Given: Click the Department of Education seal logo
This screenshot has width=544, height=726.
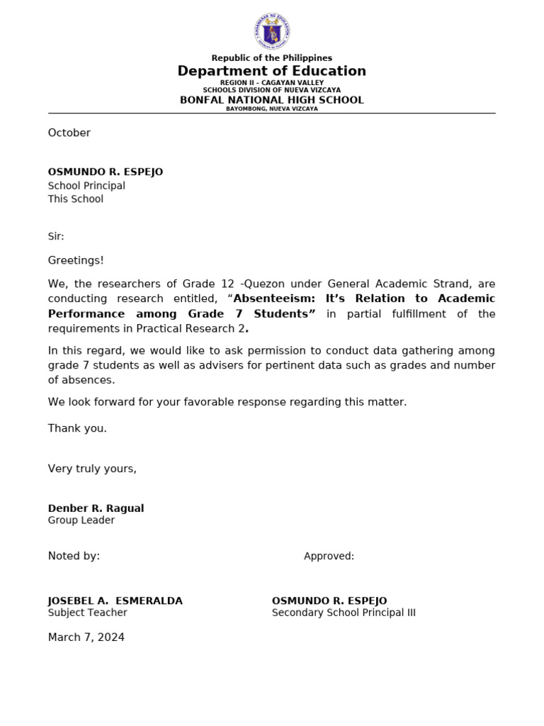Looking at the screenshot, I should [272, 32].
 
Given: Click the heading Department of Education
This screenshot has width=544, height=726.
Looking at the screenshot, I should [272, 71].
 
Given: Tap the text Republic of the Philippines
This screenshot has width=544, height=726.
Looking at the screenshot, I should [272, 58].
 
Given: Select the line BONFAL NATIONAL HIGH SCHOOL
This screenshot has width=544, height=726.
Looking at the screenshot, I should [272, 100].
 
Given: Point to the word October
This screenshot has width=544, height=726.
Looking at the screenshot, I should [69, 133].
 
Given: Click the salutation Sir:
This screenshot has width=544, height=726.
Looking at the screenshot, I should [56, 236].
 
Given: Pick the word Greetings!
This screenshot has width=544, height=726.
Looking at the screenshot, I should [76, 260].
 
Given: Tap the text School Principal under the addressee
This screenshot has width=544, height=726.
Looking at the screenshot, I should [86, 186].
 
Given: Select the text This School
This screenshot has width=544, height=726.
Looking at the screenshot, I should [76, 199].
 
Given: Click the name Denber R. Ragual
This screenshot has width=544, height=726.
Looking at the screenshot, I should [96, 508].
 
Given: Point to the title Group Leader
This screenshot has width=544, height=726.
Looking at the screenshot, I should [81, 520].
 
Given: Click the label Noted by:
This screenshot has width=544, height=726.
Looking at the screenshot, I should [74, 556].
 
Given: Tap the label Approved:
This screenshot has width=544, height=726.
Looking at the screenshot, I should [329, 557].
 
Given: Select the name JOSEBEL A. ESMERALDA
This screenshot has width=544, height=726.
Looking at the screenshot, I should [115, 601].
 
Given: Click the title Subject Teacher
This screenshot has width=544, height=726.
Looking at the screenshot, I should [88, 613].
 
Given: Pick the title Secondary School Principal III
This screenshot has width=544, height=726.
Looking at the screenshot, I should [344, 613].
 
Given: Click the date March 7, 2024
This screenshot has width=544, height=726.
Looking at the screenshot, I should [86, 637].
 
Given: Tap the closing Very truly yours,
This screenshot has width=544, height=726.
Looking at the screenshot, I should [92, 469].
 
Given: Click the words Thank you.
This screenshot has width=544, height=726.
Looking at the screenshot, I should [77, 428].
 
